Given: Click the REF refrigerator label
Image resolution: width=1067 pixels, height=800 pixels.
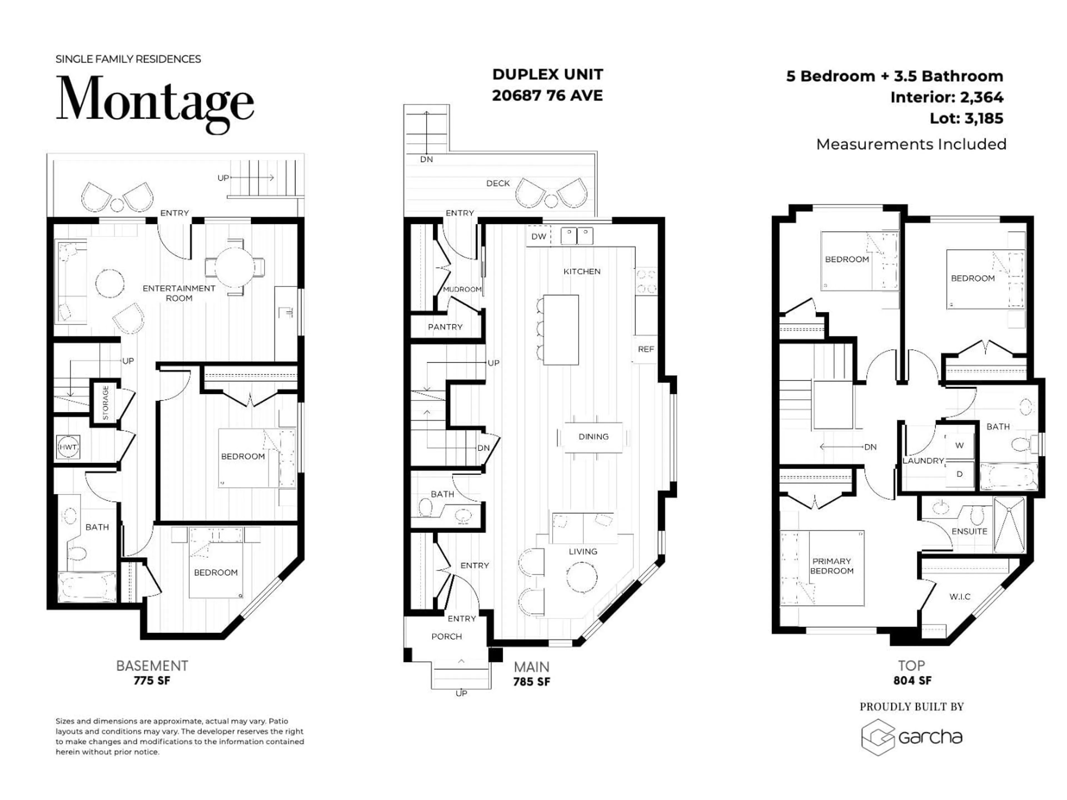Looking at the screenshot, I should point(645,349).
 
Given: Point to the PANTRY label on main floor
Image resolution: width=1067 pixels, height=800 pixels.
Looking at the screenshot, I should point(445,327).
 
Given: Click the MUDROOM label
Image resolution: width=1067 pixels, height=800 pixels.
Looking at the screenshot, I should point(462,289).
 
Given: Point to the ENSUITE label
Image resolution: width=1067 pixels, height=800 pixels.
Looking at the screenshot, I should point(969,531).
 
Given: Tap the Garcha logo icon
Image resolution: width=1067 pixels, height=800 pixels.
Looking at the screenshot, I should point(877,737).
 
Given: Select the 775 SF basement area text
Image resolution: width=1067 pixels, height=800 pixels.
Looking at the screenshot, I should point(152,680).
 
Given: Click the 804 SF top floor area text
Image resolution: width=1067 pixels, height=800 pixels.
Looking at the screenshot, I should point(912,680).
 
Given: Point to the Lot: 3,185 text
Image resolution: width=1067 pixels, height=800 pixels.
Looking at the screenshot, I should point(966,118).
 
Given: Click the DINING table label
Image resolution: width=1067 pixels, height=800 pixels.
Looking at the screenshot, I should point(593,436).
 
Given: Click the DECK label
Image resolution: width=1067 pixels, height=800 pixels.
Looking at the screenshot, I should point(498,183).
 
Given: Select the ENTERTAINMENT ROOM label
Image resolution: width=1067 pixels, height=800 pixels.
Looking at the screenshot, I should point(179,293).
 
